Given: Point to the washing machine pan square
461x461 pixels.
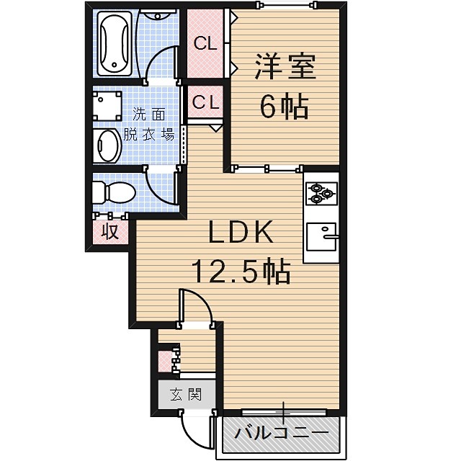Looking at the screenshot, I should pyautogui.click(x=106, y=104).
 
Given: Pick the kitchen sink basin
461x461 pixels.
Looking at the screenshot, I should pyautogui.click(x=321, y=236).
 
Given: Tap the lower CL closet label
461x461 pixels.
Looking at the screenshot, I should pyautogui.click(x=205, y=102).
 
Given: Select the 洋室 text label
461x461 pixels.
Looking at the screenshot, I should pyautogui.click(x=285, y=69).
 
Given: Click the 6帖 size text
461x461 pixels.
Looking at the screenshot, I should pyautogui.click(x=285, y=108).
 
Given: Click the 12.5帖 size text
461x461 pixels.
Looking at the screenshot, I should pyautogui.click(x=241, y=272).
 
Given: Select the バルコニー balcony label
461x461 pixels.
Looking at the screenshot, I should pyautogui.click(x=282, y=433).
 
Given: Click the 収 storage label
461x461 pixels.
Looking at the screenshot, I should pyautogui.click(x=109, y=232).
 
